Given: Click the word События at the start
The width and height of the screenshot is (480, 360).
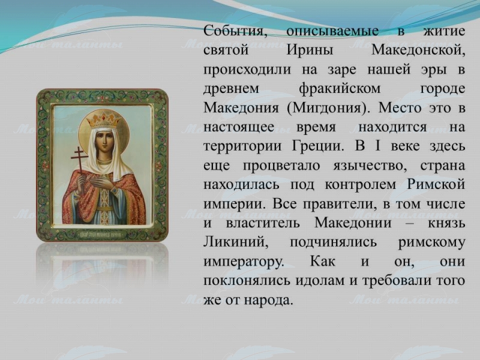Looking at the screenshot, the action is (x=235, y=31).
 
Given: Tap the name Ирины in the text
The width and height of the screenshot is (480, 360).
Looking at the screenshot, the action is (x=310, y=50).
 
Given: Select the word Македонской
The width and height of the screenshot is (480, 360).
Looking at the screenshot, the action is (x=418, y=50).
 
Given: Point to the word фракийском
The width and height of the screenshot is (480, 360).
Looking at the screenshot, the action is (x=340, y=89).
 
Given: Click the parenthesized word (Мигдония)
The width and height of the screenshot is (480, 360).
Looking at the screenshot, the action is (x=326, y=108).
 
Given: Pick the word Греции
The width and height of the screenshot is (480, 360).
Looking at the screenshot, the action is (x=318, y=146).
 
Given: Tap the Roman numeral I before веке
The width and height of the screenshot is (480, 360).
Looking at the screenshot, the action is (x=377, y=146).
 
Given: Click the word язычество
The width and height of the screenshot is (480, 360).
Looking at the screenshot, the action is (x=370, y=166).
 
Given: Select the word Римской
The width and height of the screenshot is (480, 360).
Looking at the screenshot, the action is (x=436, y=185).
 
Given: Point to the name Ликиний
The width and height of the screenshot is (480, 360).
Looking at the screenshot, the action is (x=236, y=242).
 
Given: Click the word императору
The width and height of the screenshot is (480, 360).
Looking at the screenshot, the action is (x=244, y=262).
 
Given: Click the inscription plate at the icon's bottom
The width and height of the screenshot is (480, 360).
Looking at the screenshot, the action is (x=102, y=235).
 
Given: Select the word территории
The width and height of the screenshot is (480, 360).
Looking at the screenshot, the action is (x=242, y=146).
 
